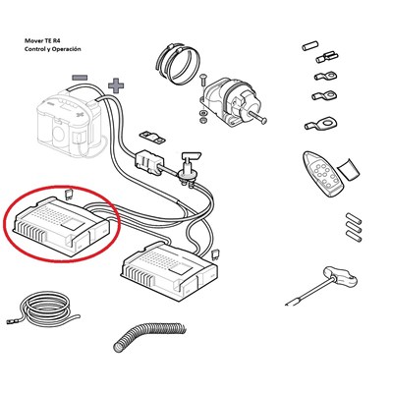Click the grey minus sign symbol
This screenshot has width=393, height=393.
80,78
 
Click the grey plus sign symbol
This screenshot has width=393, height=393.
116,85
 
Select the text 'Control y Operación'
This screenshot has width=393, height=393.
53,49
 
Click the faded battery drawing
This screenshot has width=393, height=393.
70,121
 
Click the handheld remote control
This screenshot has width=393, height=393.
322,174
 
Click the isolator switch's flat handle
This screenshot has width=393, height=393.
193,155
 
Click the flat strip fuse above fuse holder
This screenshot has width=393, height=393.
152,138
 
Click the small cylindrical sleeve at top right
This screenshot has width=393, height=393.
310,45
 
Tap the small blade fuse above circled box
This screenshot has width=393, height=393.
69,193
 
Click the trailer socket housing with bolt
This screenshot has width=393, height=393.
229,103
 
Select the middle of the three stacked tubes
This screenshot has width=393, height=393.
354,228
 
